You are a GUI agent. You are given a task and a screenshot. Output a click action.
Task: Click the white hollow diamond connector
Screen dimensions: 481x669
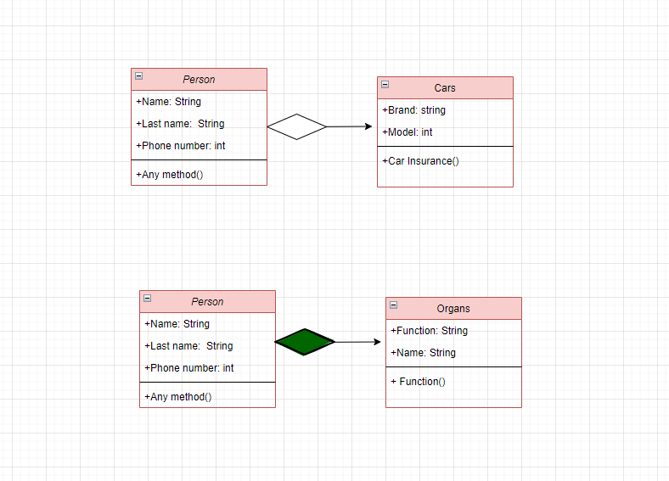[x=296, y=126]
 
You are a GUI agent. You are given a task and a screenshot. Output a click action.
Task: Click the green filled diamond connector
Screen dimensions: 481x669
[x=305, y=342]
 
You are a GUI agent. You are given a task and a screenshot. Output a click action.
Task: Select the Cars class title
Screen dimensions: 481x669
[x=445, y=88]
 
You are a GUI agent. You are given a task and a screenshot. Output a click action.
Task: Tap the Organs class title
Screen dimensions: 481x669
[x=453, y=309]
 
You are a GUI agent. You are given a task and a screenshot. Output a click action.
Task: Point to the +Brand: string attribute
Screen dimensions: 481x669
[x=413, y=110]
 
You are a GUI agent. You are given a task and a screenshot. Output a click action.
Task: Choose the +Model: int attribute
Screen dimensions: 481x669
[x=408, y=132]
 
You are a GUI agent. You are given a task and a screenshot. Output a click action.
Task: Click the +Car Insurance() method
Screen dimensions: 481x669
[x=420, y=161]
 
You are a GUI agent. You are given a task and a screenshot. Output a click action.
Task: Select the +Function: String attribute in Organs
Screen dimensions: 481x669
[x=429, y=331]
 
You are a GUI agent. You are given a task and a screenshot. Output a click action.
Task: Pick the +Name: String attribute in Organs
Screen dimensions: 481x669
[x=423, y=353]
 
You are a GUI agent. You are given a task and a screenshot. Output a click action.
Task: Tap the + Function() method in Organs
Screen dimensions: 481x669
[x=418, y=382]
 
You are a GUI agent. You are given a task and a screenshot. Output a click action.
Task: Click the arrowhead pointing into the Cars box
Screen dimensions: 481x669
[x=368, y=126]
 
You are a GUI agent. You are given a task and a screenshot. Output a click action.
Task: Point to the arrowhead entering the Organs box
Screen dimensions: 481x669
[x=376, y=342]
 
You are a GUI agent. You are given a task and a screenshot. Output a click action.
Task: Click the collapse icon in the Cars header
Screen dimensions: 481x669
[x=385, y=85]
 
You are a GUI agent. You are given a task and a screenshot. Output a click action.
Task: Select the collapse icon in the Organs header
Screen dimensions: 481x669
[x=393, y=305]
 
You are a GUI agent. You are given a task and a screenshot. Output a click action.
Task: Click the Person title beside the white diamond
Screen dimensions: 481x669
[x=199, y=80]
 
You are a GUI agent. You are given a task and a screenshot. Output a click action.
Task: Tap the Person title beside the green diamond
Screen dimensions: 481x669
[x=207, y=302]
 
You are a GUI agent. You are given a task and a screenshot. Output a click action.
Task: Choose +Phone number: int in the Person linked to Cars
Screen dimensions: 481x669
[x=180, y=146]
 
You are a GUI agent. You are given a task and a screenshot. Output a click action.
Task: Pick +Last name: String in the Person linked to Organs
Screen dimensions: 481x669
[x=188, y=346]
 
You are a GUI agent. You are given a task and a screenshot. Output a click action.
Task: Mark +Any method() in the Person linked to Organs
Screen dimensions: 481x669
[x=177, y=397]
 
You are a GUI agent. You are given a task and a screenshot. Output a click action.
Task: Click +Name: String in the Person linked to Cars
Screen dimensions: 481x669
[x=168, y=102]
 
